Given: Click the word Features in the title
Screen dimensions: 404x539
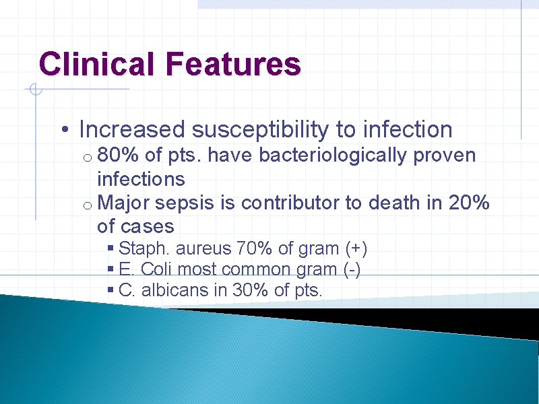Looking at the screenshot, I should click(x=232, y=64).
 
